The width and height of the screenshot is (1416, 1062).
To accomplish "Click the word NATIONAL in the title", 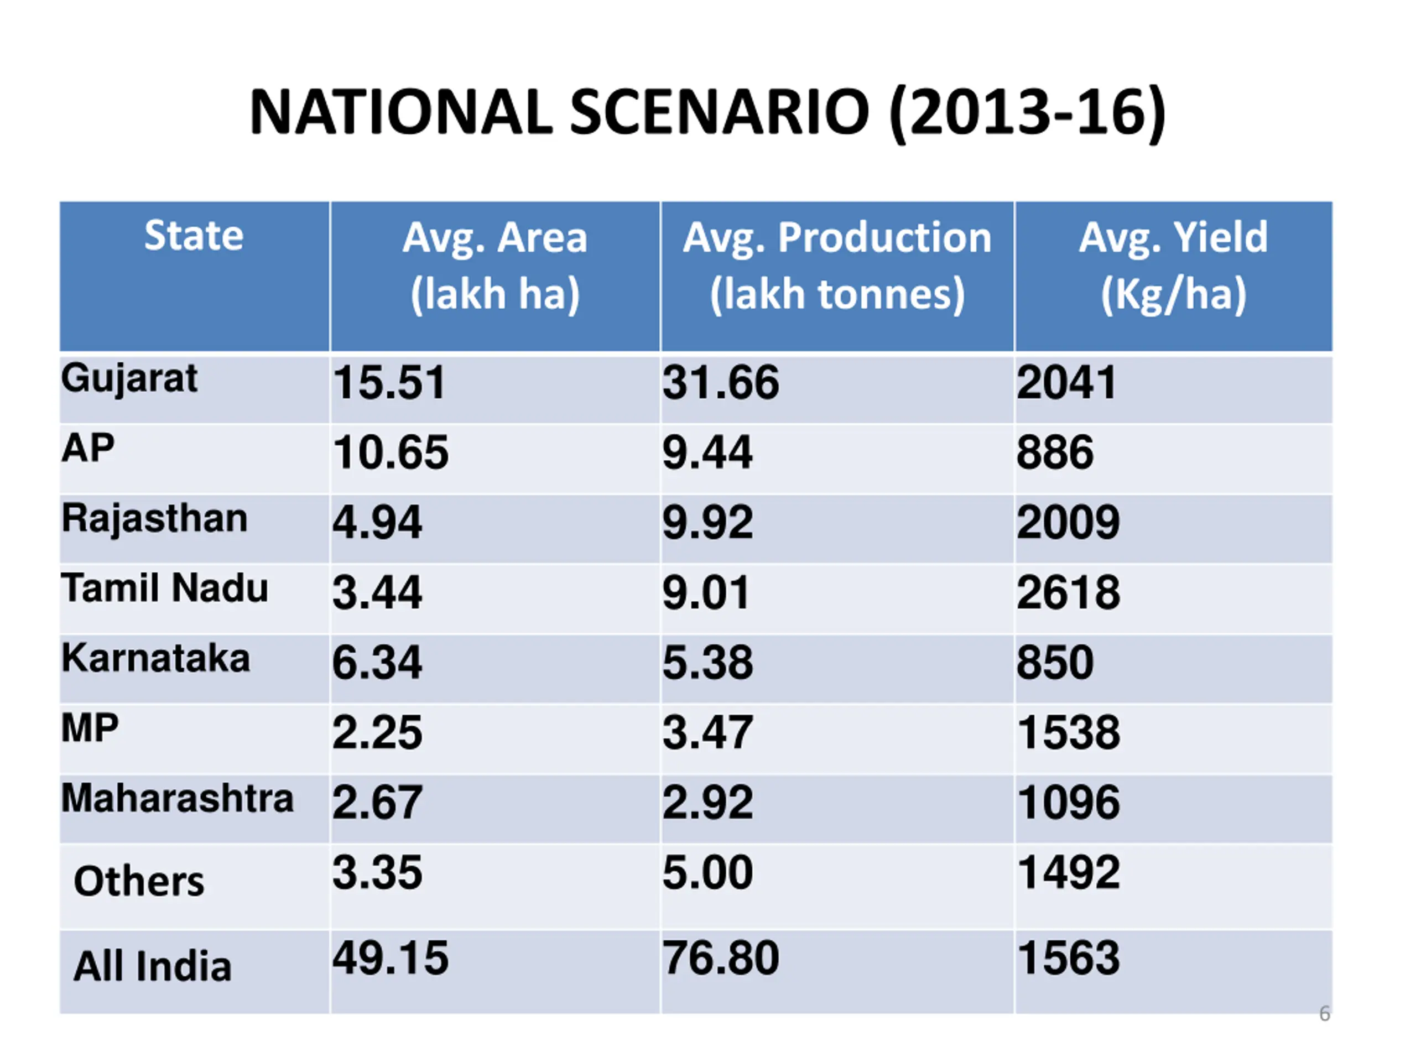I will [400, 113].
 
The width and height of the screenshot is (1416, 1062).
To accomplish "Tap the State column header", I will [194, 236].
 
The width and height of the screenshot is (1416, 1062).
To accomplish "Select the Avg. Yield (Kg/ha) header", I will [1173, 265].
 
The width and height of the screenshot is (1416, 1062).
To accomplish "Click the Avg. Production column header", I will [837, 265].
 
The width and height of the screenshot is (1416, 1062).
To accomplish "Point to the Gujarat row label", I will [129, 379].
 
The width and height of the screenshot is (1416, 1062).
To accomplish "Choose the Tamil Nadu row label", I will [164, 589].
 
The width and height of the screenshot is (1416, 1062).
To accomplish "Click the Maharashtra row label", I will [178, 798].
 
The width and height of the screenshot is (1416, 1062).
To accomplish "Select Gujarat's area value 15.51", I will [389, 383].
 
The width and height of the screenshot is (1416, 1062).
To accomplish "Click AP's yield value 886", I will [1055, 452].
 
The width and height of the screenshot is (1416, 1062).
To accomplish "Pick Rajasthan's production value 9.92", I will [707, 522].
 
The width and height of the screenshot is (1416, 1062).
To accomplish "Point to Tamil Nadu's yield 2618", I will [1069, 592].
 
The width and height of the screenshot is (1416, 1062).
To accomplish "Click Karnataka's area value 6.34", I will [377, 662].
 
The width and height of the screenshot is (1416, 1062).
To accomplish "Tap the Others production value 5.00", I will [707, 872].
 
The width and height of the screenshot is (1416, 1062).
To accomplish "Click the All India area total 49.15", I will [391, 959].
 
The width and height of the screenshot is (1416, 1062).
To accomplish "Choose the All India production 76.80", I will [721, 959].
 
